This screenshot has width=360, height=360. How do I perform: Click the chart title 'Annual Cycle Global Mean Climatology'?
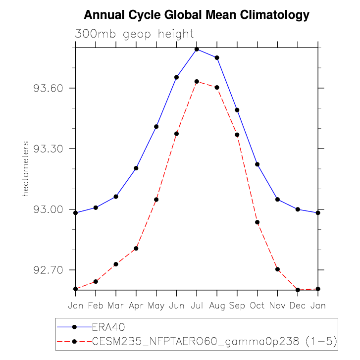coord(197,15)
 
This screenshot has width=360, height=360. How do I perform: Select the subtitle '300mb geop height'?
coord(134,34)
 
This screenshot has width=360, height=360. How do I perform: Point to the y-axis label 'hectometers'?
coord(25,168)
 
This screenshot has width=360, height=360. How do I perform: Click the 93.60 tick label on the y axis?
coord(49,88)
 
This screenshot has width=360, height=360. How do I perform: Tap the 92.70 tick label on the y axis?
coord(49,270)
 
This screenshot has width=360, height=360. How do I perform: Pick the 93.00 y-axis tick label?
coord(49,209)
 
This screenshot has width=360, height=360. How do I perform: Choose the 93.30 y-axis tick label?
coord(49,149)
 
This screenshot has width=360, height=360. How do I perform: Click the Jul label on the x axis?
coord(197,306)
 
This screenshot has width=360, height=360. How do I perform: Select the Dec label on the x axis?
coord(298,306)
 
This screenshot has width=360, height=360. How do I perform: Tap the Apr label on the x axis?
coord(136,306)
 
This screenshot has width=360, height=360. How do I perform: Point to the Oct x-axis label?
coord(257,306)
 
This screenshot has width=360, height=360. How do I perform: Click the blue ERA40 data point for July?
coord(197,49)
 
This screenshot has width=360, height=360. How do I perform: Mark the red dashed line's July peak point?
coord(197,81)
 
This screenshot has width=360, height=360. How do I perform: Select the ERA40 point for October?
coord(257,164)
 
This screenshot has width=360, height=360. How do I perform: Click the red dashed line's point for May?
coord(156,200)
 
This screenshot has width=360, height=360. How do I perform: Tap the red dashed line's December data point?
coord(298,290)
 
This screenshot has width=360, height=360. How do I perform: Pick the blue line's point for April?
coord(136,168)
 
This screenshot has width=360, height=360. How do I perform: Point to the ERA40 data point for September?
coord(237,110)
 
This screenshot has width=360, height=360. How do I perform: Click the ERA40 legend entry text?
coord(108,327)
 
